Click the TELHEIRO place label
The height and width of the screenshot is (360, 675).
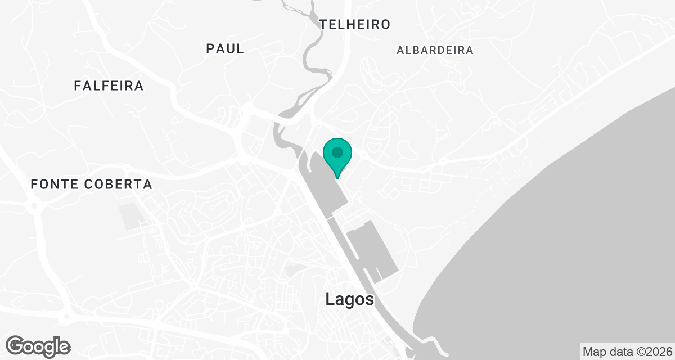(x=354, y=24)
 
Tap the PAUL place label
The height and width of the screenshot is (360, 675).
(x=225, y=48)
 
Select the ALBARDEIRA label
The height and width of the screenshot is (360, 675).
(x=435, y=50)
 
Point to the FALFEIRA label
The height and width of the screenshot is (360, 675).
(x=109, y=86)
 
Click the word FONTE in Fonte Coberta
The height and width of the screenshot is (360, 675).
(x=55, y=184)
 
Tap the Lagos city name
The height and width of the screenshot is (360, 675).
(x=349, y=299)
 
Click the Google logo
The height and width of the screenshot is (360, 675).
(x=38, y=346)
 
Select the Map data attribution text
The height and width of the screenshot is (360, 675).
(x=627, y=352)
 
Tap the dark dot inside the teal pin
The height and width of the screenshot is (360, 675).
(x=337, y=152)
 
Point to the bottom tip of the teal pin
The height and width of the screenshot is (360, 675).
(x=337, y=178)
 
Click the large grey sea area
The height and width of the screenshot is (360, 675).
(x=562, y=236)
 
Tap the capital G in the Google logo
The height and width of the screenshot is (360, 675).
(x=16, y=346)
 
